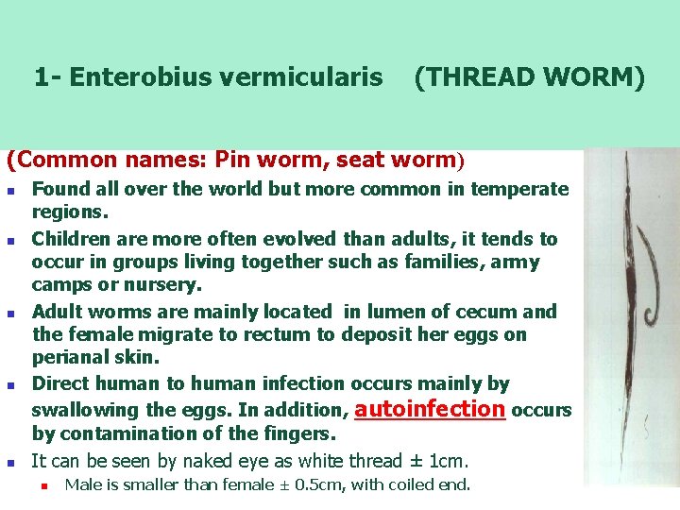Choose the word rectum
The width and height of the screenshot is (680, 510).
tap(283, 334)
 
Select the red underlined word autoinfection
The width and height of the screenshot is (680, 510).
tap(432, 409)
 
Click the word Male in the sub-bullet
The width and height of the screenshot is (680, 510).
tap(81, 485)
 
